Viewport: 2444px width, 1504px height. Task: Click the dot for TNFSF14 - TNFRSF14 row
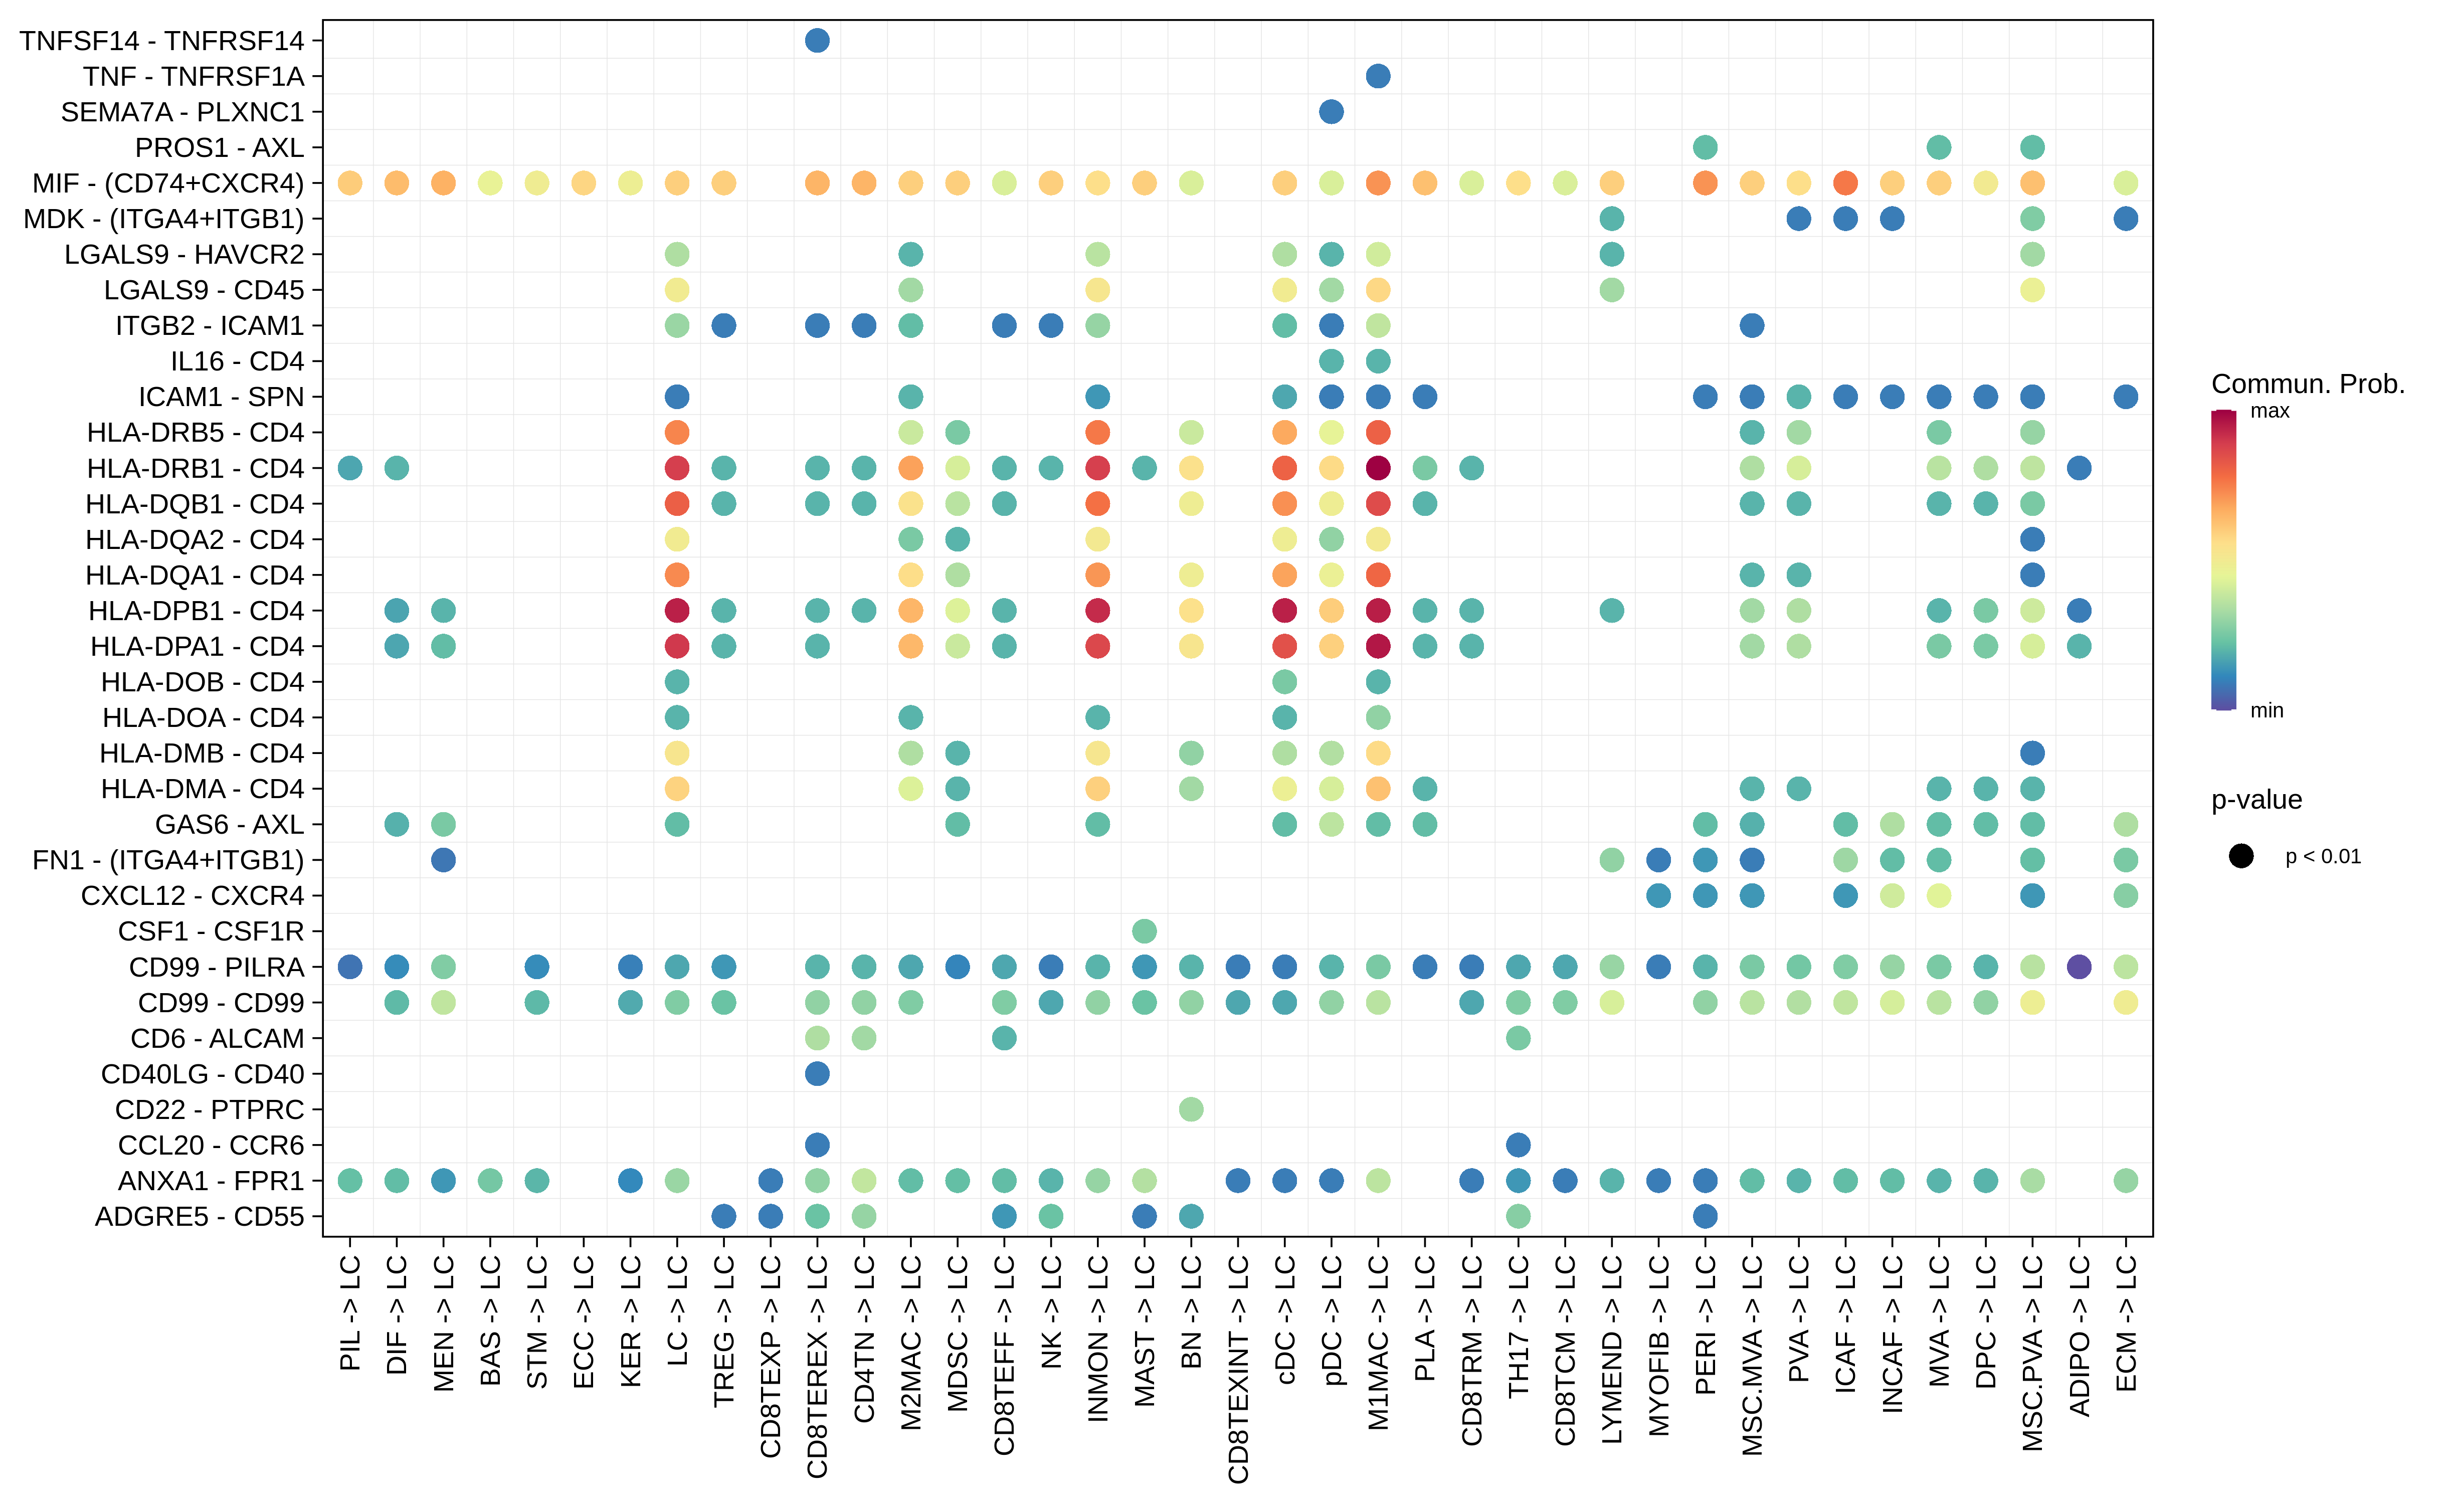[x=817, y=41]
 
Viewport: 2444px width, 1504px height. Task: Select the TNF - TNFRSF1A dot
[x=1378, y=77]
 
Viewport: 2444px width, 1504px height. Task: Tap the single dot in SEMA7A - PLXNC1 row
[x=1331, y=111]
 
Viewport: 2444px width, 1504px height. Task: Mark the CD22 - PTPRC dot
[x=1191, y=1109]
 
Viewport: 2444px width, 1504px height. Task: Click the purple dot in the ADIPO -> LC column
[x=2079, y=967]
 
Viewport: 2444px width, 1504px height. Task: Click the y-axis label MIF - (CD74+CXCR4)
[x=167, y=183]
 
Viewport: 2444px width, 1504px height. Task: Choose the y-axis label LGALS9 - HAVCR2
[x=184, y=255]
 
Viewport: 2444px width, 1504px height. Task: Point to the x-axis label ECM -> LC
[x=2126, y=1323]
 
